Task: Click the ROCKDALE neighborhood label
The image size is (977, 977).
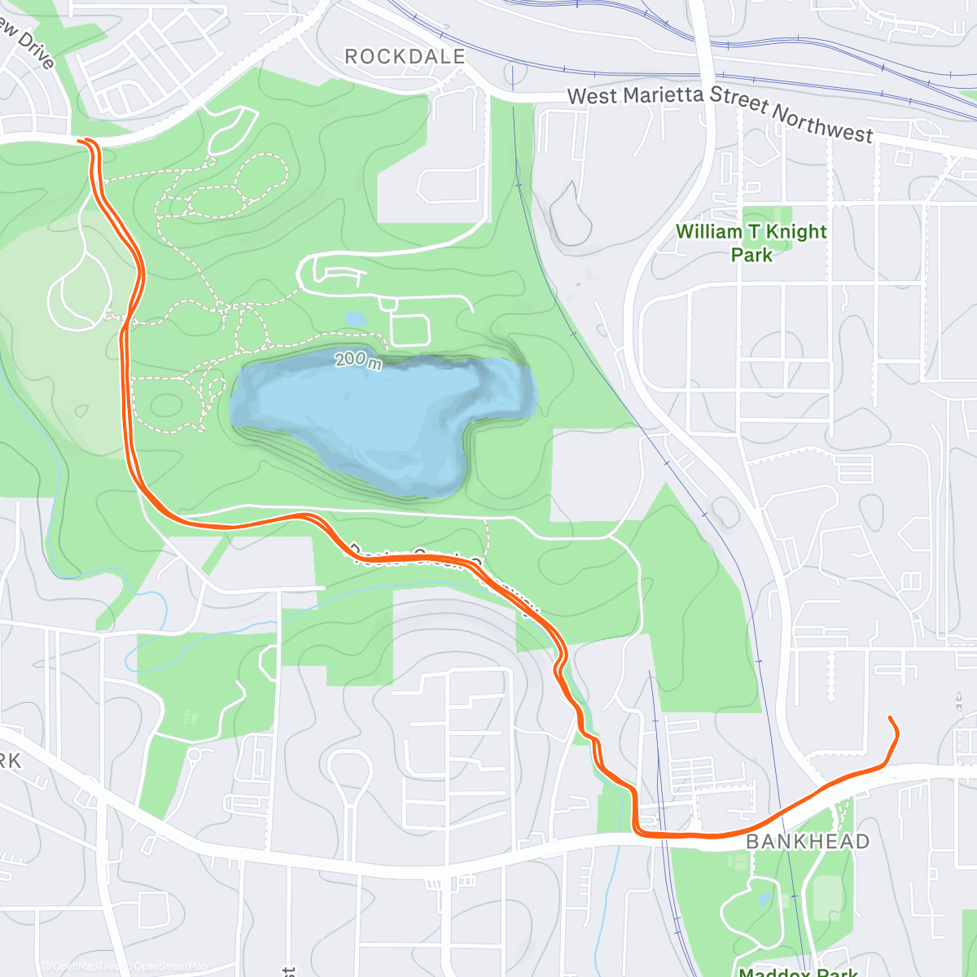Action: coord(405,57)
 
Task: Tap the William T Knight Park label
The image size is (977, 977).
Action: coord(751,243)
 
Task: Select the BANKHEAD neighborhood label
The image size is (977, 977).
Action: coord(808,841)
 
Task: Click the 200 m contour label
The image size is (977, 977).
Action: coord(357,359)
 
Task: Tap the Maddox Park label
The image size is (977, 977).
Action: coord(798,971)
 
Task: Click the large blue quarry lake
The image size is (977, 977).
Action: coord(375,415)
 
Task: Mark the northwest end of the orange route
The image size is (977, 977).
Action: coord(81,141)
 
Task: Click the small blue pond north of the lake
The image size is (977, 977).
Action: coord(355,319)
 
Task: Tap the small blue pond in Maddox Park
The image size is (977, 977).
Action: coord(765,899)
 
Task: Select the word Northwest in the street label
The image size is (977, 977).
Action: coord(821,123)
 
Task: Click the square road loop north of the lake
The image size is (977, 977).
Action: coord(410,329)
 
